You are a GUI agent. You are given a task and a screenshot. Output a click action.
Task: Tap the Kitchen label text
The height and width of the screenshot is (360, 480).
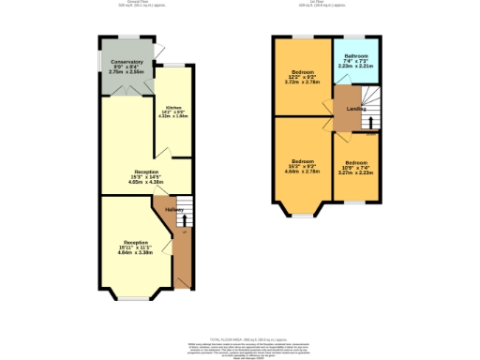point(173,107)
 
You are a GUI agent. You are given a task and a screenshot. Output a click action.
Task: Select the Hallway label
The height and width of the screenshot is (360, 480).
point(173,210)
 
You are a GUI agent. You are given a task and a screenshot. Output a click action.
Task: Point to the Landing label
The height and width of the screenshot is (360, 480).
point(356,109)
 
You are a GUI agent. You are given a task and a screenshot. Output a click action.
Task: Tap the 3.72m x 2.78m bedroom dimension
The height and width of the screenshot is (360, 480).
point(302,82)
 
